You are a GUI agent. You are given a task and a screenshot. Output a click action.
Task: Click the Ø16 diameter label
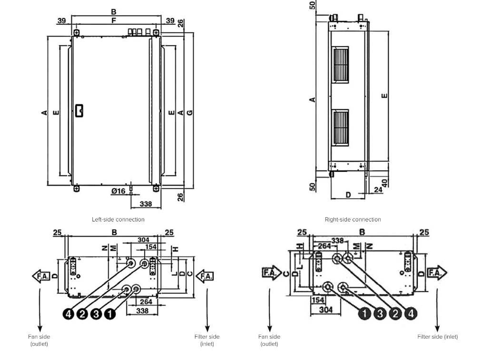point(118,191)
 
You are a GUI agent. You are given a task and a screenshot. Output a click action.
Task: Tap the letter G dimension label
point(190,112)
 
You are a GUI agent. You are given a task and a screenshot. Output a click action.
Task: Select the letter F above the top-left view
point(114,20)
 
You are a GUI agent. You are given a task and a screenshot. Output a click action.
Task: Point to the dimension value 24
point(378,190)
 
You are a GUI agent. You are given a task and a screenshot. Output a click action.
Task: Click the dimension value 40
point(385,183)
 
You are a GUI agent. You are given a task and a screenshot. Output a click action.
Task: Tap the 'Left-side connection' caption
point(118,220)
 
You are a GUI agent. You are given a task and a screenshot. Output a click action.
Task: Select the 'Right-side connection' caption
point(353,220)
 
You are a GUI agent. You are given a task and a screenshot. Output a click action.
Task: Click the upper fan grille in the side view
point(340,65)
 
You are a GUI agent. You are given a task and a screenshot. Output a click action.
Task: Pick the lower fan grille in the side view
point(340,128)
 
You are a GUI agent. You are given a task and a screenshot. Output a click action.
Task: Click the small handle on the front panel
point(79,110)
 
